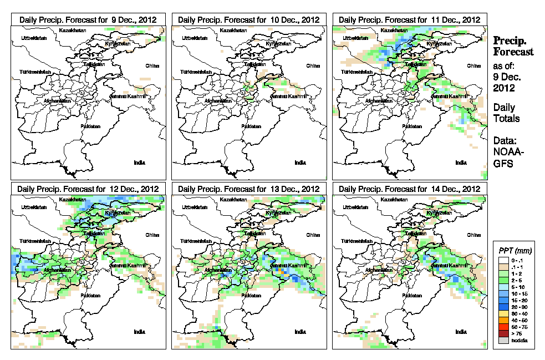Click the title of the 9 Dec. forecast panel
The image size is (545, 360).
pos(88,19)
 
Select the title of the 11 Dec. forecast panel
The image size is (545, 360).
pos(409,19)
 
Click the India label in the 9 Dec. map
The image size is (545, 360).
pos(140,163)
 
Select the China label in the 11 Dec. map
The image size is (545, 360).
pos(474,65)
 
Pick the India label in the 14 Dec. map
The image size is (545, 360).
pos(461,332)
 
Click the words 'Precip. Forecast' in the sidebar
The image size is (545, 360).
pos(513,46)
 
